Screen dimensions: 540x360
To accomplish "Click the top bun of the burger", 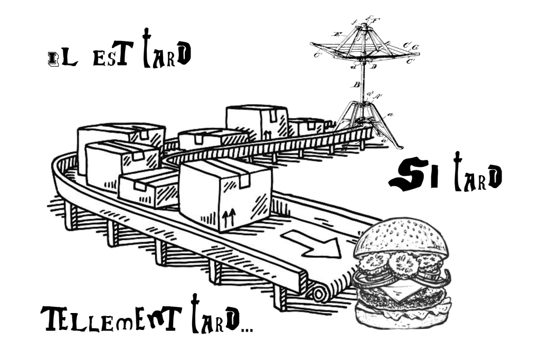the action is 402,236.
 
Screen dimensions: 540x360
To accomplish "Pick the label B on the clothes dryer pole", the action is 357,84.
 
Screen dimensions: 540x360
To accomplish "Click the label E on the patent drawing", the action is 337,34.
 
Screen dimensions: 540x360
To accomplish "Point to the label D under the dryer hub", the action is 374,66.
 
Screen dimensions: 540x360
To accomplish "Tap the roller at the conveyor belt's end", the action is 319,295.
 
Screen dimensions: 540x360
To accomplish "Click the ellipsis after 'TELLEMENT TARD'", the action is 247,330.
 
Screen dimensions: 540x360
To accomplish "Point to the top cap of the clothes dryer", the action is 364,26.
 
